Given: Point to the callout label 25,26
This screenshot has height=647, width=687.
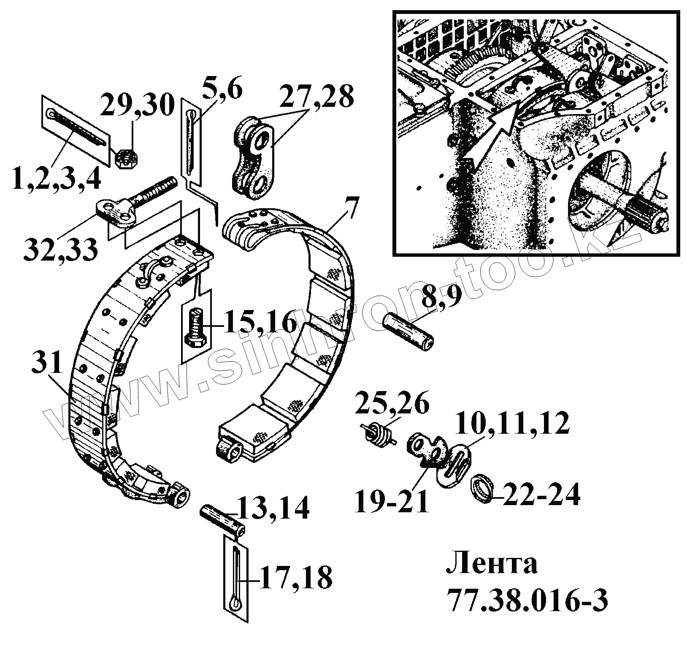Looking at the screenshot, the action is (x=392, y=404).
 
